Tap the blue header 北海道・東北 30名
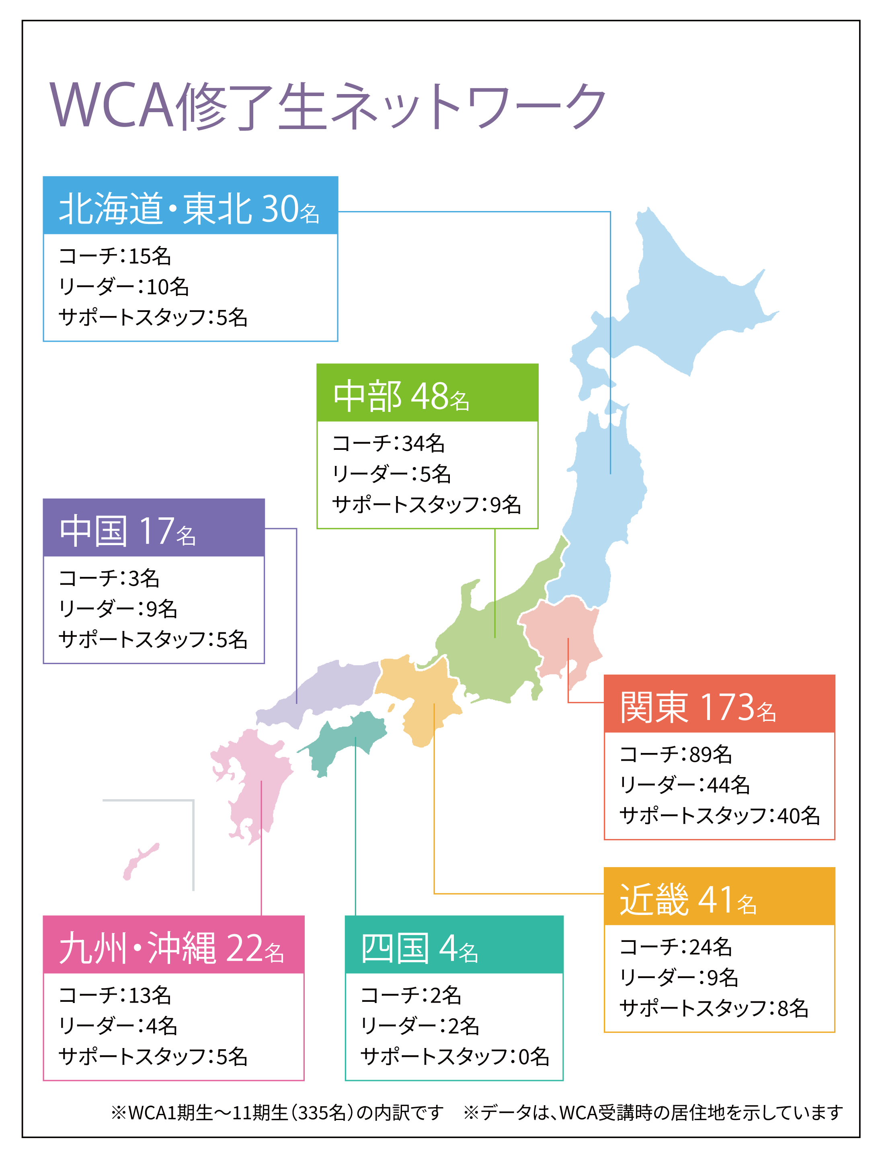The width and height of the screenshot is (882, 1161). pyautogui.click(x=190, y=208)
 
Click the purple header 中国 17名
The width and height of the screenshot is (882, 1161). pyautogui.click(x=153, y=530)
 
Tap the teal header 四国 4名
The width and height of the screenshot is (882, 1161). pyautogui.click(x=453, y=948)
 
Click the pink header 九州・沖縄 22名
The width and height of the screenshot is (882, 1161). pyautogui.click(x=173, y=948)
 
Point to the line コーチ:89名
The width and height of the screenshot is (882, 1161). pyautogui.click(x=676, y=754)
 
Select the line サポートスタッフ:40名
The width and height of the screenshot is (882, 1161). pyautogui.click(x=719, y=816)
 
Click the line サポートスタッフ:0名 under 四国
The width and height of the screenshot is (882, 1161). pyautogui.click(x=455, y=1056)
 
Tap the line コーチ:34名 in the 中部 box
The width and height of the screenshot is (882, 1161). pyautogui.click(x=388, y=443)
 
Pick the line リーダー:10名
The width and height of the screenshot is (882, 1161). pyautogui.click(x=123, y=287)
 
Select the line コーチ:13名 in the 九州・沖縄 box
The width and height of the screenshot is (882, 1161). pyautogui.click(x=115, y=995)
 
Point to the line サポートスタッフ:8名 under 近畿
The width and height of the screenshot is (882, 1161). pyautogui.click(x=714, y=1008)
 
